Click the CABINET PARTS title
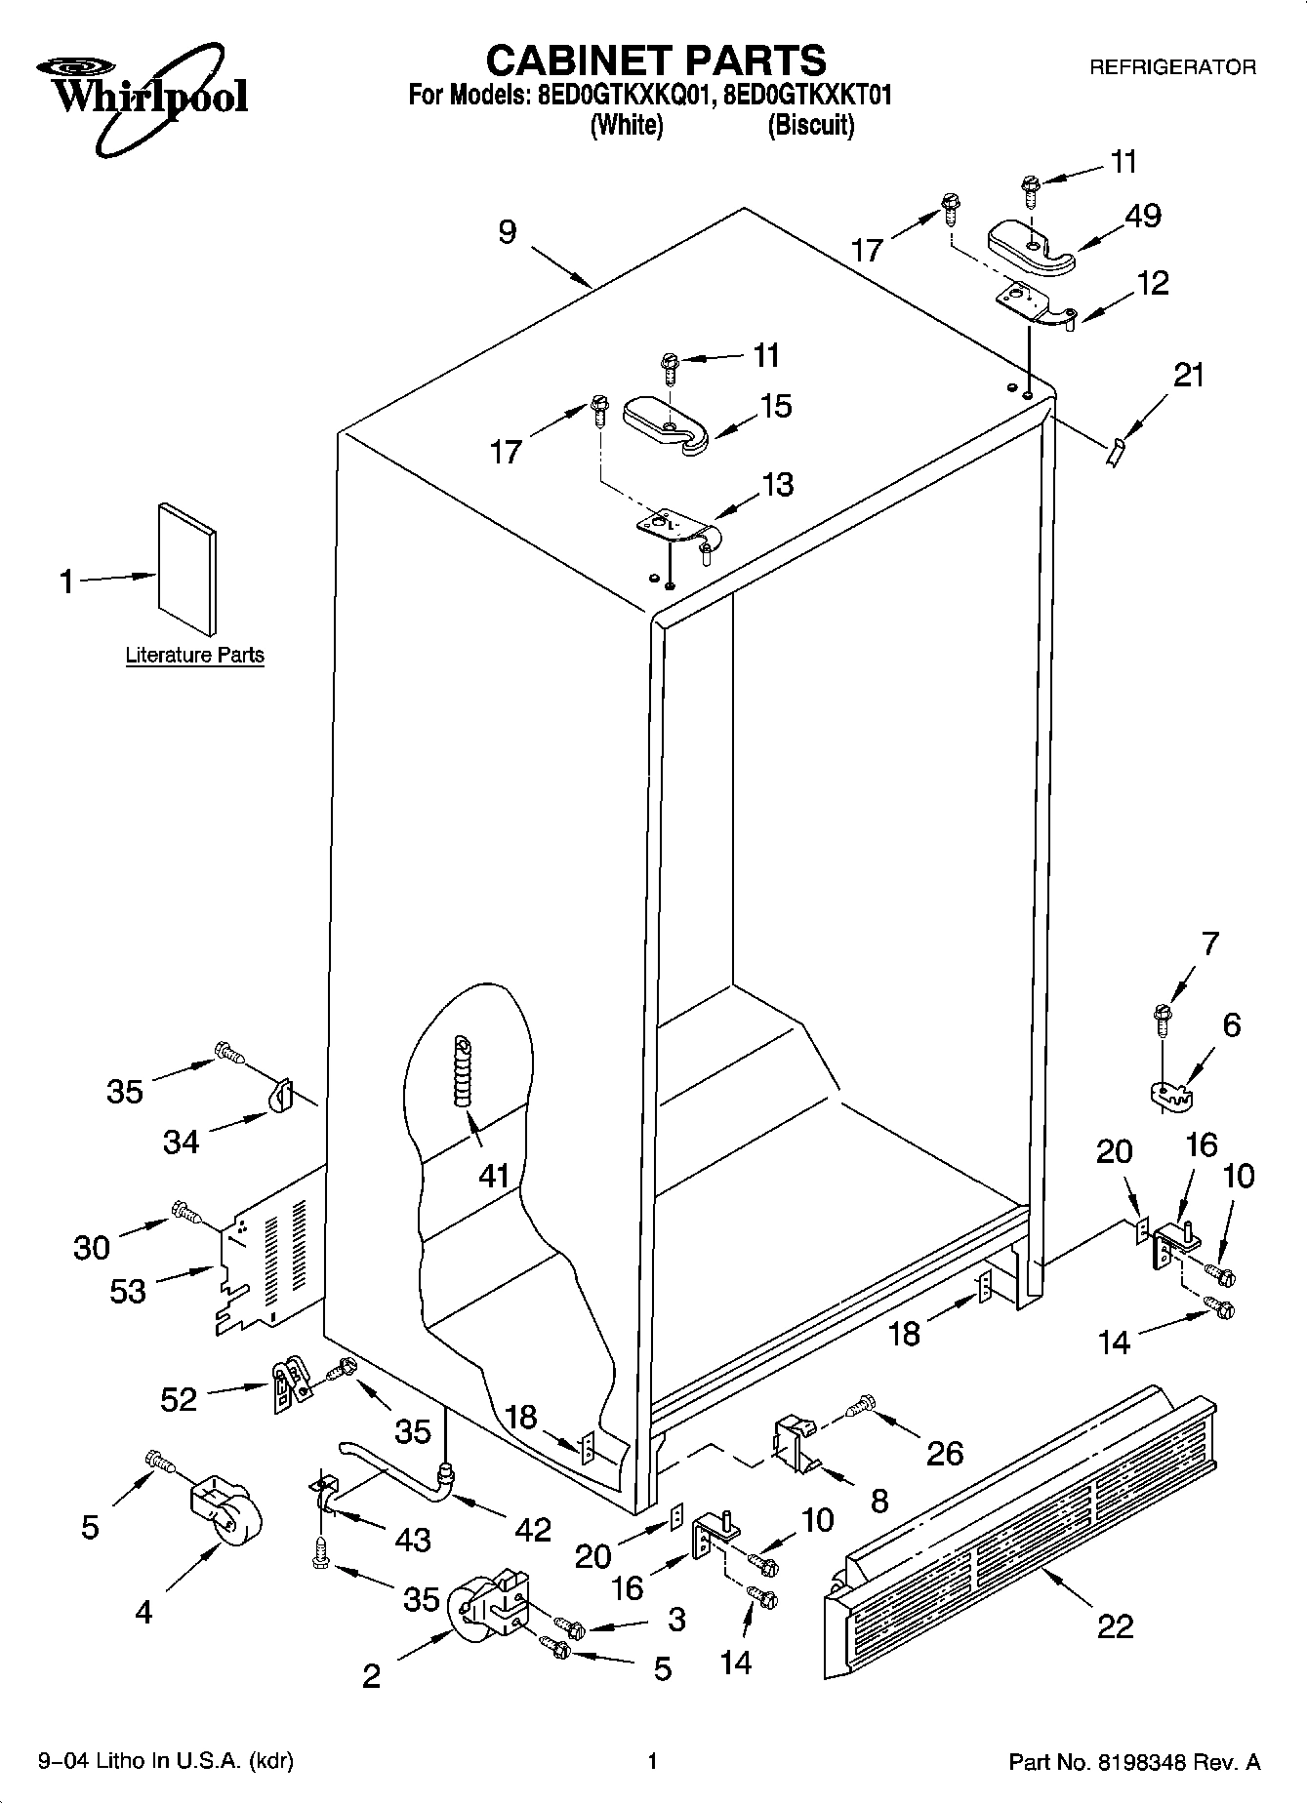pos(655,60)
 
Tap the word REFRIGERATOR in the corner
pos(1171,67)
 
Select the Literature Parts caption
pos(194,655)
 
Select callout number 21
pos(1188,376)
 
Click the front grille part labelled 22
pos(1025,1503)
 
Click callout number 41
pos(494,1176)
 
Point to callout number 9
pos(508,233)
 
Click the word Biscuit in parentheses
pos(810,126)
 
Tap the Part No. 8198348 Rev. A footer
pos(1133,1762)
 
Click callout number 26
pos(944,1453)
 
